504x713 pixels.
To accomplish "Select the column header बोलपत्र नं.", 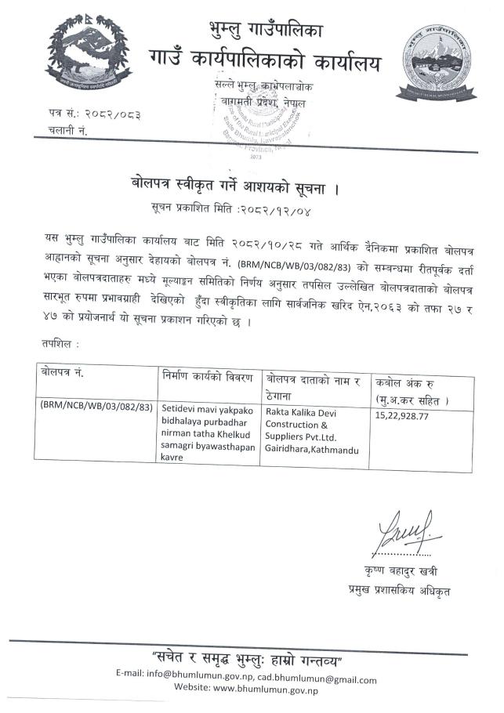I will click(x=62, y=374).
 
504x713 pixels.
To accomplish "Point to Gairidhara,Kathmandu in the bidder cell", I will click(x=312, y=451).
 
